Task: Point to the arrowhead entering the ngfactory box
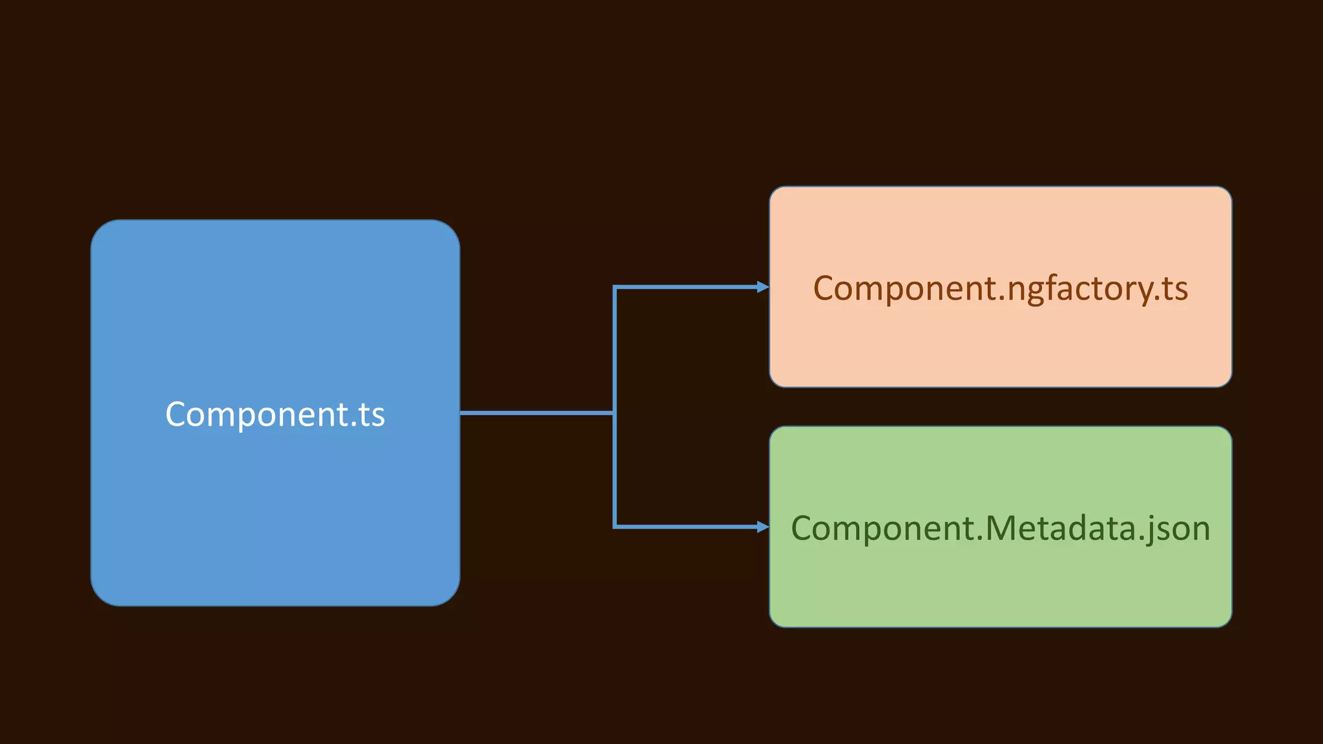[762, 287]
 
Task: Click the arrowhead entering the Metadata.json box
[762, 527]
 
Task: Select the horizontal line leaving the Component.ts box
[536, 413]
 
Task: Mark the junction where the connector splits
[614, 413]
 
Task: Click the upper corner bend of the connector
[615, 287]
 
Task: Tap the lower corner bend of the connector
[615, 526]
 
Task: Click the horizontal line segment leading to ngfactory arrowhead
[685, 287]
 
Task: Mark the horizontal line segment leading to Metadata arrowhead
[685, 527]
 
